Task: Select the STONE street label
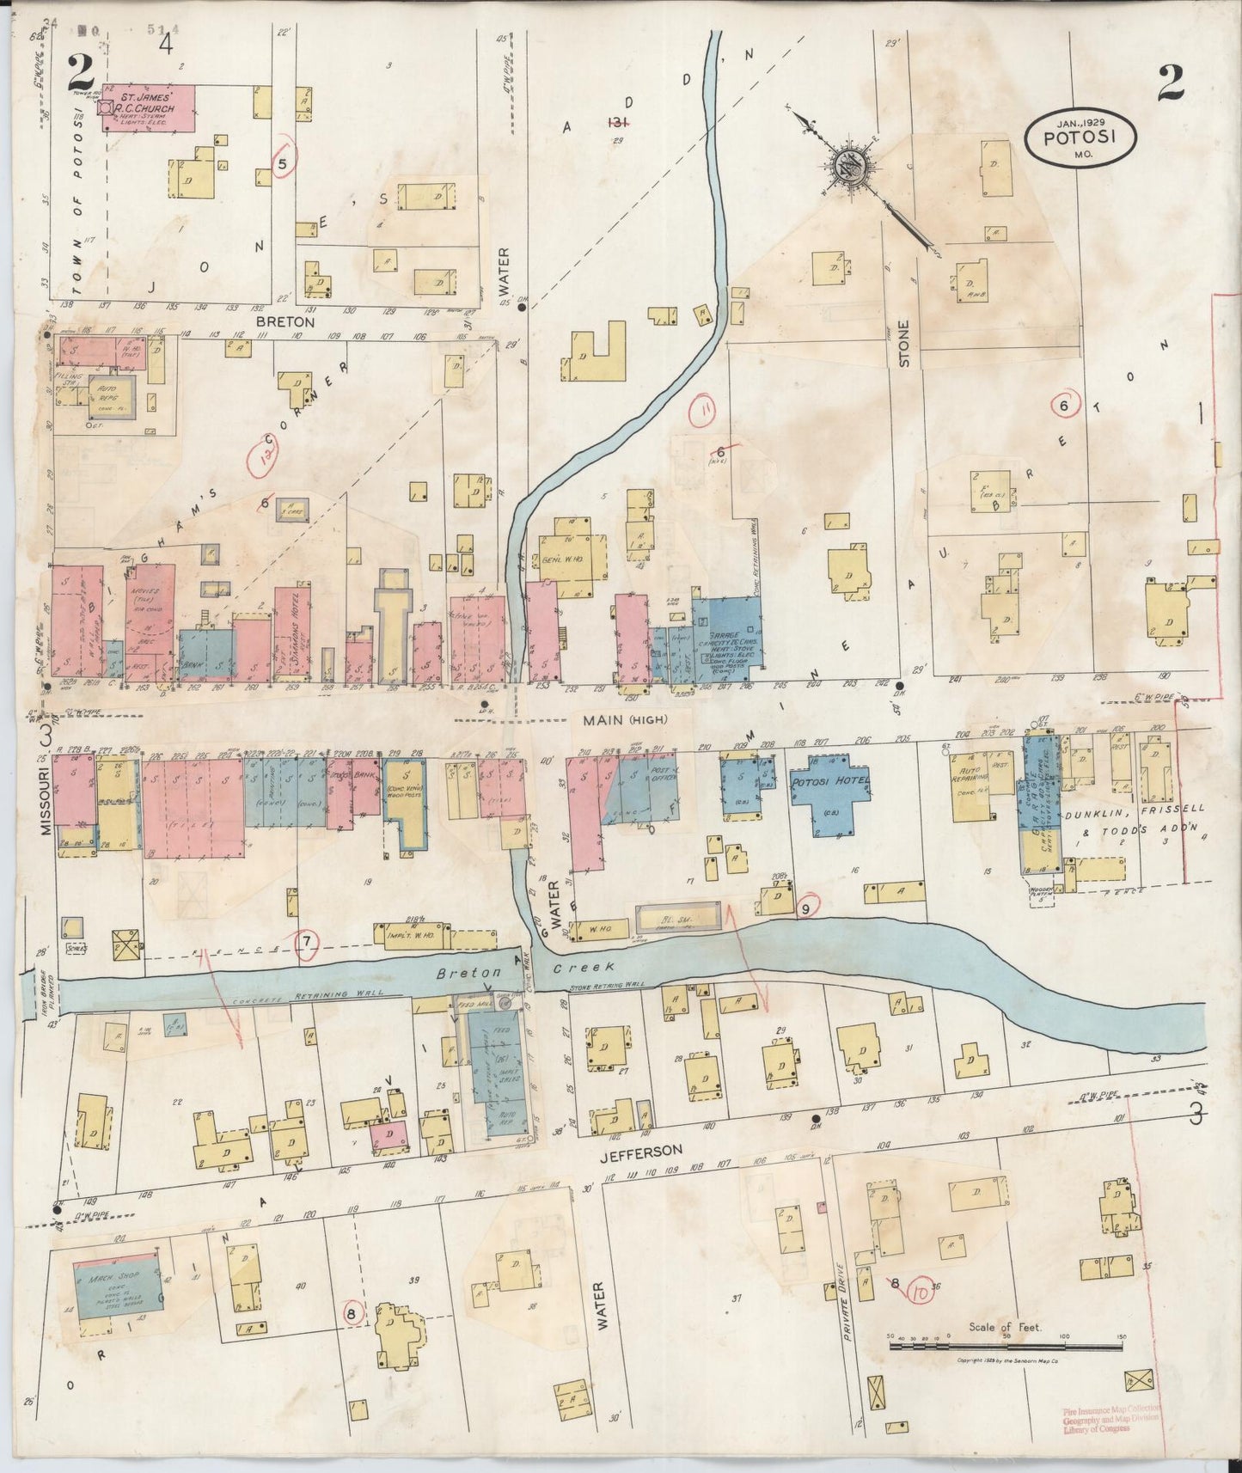pos(903,345)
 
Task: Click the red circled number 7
pos(307,944)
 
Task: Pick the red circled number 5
pos(283,160)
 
